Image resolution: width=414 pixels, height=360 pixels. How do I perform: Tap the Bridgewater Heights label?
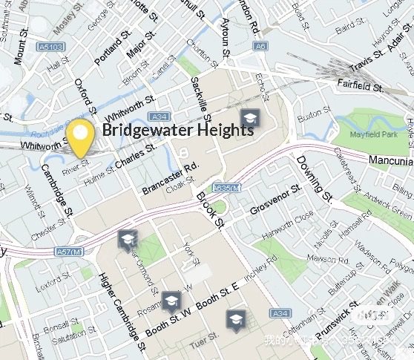(x=178, y=130)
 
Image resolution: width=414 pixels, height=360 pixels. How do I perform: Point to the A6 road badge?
(x=259, y=46)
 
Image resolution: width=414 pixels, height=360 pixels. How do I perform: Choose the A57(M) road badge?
(x=69, y=252)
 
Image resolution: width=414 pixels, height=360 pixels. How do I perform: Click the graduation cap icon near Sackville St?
(x=250, y=117)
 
